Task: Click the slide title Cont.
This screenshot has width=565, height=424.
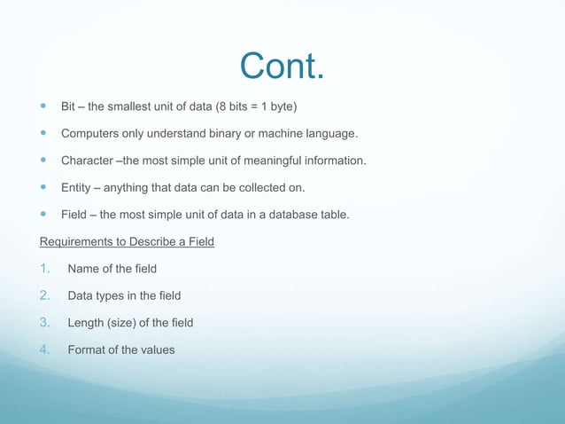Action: click(x=282, y=66)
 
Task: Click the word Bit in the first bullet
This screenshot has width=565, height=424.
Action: click(x=68, y=107)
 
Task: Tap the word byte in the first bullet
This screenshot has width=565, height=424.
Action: click(x=281, y=107)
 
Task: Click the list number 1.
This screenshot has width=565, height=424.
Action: click(x=47, y=269)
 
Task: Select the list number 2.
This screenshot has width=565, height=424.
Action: click(x=47, y=295)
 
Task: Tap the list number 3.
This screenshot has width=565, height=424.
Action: click(x=47, y=322)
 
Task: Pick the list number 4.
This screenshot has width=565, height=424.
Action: click(x=47, y=349)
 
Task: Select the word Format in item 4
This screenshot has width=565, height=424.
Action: click(x=87, y=349)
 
